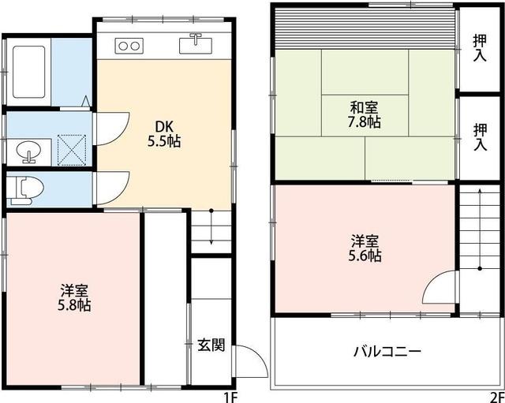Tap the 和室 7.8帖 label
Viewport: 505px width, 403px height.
[365, 115]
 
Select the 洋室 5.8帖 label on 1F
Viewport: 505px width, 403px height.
[73, 296]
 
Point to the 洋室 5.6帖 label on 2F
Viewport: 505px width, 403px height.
[365, 246]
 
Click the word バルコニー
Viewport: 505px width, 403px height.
[387, 350]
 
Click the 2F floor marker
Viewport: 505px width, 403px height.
[496, 396]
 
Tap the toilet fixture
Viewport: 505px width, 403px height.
[28, 189]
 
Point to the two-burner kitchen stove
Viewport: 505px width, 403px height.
[129, 45]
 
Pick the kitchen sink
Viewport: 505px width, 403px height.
[193, 44]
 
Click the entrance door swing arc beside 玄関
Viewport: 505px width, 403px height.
[248, 359]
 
